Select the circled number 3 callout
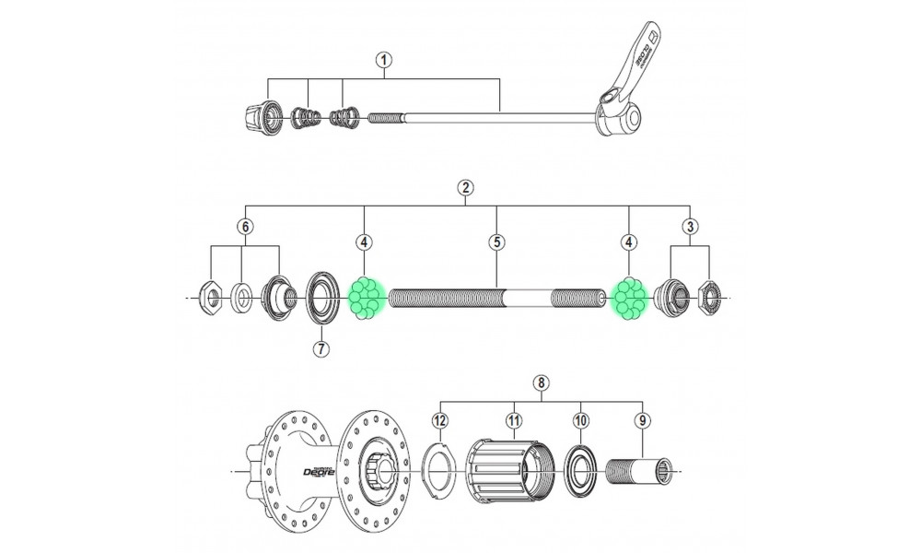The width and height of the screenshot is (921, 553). pyautogui.click(x=689, y=227)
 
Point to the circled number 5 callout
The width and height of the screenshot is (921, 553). pyautogui.click(x=496, y=242)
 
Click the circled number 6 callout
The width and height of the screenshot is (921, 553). pyautogui.click(x=244, y=227)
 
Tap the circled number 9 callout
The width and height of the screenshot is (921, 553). pyautogui.click(x=642, y=420)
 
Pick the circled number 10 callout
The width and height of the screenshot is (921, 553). pyautogui.click(x=580, y=420)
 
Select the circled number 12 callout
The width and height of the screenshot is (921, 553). pyautogui.click(x=440, y=420)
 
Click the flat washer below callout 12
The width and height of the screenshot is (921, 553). pyautogui.click(x=440, y=471)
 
